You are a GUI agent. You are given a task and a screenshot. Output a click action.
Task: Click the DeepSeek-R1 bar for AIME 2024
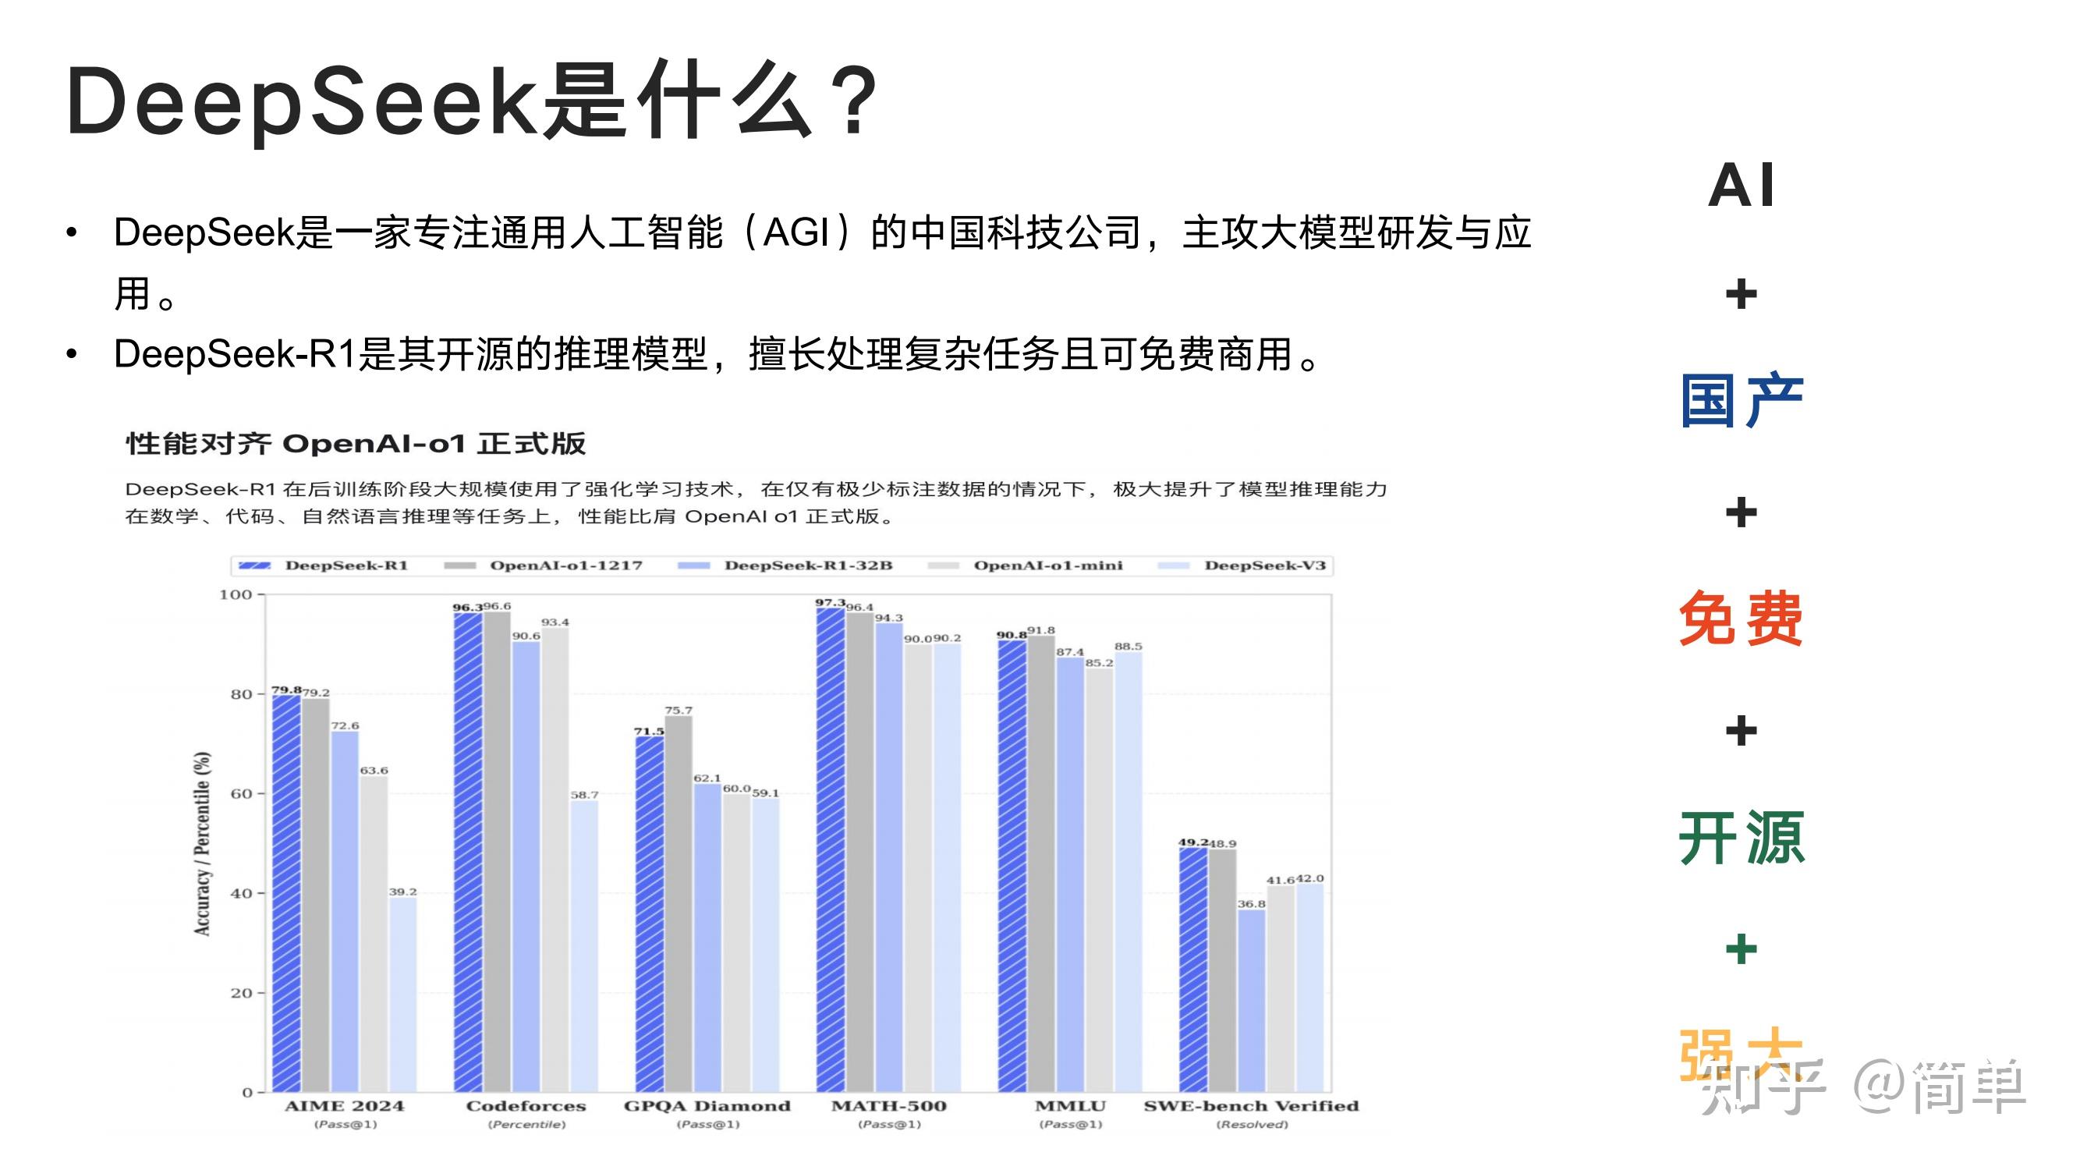286,892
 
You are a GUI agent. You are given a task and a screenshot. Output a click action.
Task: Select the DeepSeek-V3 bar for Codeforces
584,945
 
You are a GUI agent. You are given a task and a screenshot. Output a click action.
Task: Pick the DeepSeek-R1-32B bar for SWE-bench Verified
1252,1001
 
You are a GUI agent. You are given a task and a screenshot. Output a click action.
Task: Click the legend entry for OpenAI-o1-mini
1047,565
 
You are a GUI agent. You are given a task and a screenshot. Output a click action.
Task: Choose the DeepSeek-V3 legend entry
1264,565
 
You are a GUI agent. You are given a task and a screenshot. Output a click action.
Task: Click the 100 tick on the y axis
236,594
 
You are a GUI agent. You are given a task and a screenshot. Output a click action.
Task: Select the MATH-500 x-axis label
888,1105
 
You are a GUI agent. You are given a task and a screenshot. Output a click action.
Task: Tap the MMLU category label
1070,1105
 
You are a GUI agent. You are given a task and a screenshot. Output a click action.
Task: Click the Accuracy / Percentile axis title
202,844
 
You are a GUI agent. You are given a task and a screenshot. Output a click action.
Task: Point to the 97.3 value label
829,602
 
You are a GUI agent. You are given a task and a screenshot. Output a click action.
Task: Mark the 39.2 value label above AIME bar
403,892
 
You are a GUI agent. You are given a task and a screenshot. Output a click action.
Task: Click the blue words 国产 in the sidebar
1741,400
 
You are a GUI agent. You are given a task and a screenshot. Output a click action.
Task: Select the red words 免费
1741,619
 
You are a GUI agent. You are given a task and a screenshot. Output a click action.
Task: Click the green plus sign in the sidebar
1741,948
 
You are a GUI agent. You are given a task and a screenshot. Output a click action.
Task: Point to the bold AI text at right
1741,186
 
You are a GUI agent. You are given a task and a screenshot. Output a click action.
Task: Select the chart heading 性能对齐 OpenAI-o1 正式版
356,443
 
